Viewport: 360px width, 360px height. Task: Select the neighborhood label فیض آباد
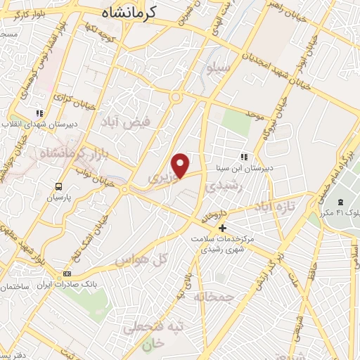coord(127,122)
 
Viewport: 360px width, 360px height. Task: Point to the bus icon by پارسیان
coord(59,186)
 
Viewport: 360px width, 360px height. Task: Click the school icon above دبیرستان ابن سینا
coord(244,157)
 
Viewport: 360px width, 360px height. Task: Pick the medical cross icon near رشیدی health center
coord(222,228)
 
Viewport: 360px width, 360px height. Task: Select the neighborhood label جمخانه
coord(213,297)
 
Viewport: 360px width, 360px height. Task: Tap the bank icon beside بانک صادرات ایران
coord(67,274)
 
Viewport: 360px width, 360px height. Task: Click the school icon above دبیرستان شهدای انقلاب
coord(39,112)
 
